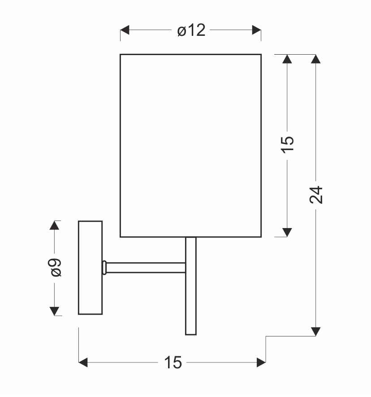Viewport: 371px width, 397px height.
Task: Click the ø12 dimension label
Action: [191, 30]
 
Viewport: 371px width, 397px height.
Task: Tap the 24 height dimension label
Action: [316, 195]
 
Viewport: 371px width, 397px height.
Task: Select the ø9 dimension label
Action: [56, 268]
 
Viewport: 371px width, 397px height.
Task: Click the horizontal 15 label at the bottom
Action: [173, 362]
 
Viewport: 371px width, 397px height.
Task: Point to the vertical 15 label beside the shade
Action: [287, 144]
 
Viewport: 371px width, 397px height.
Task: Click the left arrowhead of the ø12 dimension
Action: [125, 30]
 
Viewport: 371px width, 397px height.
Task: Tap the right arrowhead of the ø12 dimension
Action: [257, 30]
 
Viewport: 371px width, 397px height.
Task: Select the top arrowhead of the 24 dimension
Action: [315, 59]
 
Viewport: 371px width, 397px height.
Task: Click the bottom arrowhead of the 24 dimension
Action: [315, 332]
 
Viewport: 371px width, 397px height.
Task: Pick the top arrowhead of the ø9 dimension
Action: [54, 225]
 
